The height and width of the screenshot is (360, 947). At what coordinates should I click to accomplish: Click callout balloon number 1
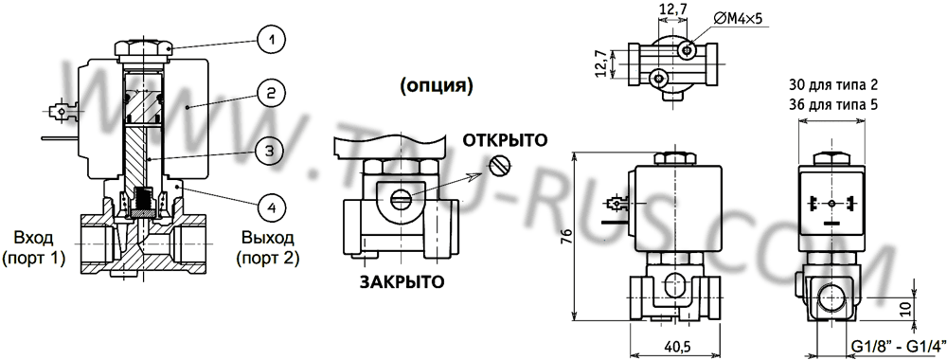click(x=271, y=41)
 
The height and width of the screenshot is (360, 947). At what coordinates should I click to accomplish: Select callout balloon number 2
click(x=271, y=93)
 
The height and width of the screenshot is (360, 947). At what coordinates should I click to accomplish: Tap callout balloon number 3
click(x=271, y=150)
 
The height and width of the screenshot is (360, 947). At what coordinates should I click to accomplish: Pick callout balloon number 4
click(x=271, y=207)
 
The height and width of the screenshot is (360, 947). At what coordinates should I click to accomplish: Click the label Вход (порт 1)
click(x=34, y=247)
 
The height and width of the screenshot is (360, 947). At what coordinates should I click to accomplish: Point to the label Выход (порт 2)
click(x=268, y=247)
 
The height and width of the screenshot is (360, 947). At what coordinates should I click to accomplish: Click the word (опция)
click(x=436, y=86)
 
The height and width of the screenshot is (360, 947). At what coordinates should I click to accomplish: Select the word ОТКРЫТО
click(x=506, y=140)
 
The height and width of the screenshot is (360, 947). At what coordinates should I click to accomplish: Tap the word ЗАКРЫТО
click(x=402, y=282)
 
